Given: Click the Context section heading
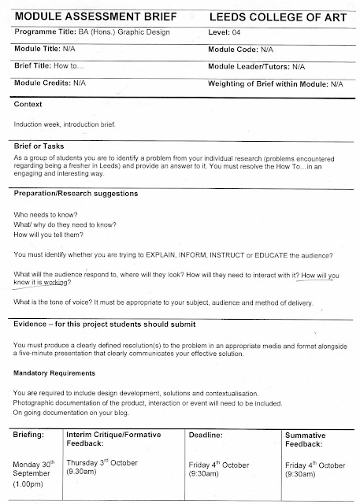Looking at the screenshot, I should click(x=28, y=104).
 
